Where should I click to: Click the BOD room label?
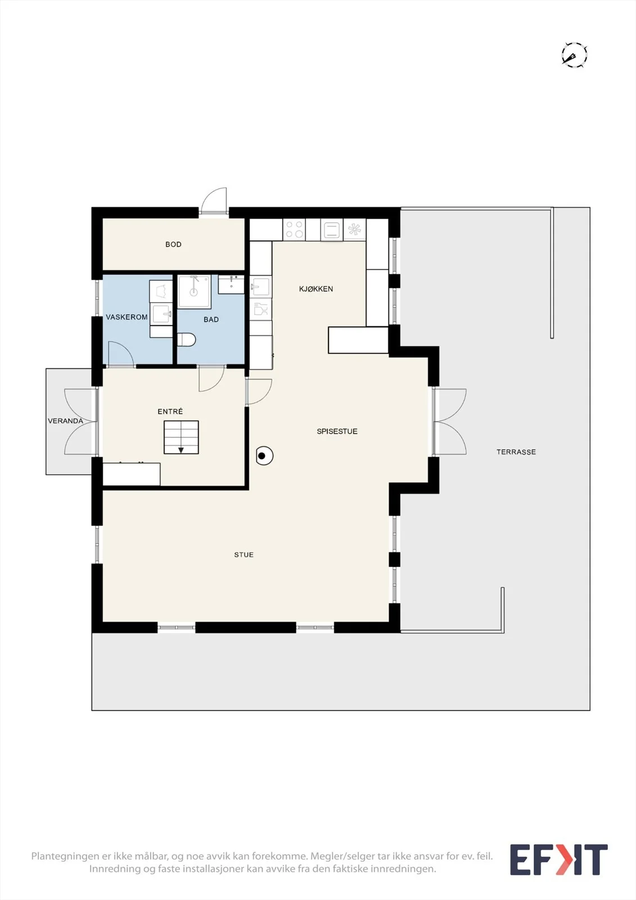tap(173, 244)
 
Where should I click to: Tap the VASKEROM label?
tap(127, 317)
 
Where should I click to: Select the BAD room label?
tap(211, 319)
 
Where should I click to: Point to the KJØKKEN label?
tap(316, 289)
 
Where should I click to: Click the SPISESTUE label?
tap(337, 431)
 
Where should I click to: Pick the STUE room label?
tap(244, 555)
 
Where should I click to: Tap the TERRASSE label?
tap(516, 452)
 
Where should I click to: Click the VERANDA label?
tap(65, 421)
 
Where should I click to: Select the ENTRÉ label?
tap(170, 411)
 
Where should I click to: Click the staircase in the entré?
tap(181, 438)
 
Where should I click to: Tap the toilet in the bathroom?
tap(186, 340)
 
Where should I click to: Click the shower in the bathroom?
tap(195, 292)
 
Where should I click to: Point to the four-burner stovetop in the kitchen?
tap(294, 230)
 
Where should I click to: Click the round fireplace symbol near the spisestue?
tap(264, 456)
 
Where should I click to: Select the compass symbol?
tap(574, 55)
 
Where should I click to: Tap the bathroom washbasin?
tap(231, 285)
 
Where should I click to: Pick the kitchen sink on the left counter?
tap(261, 286)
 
